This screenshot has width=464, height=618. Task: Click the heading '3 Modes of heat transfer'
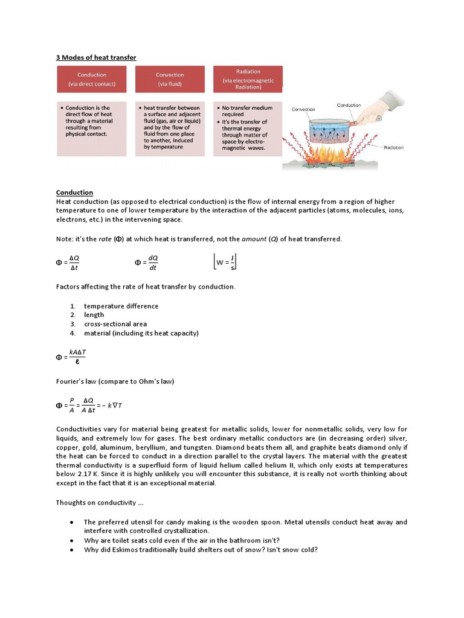96,57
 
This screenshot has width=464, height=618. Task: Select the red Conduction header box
92,80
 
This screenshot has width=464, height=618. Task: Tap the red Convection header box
170,80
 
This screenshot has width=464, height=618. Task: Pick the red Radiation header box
248,80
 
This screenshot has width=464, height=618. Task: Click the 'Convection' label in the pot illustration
303,109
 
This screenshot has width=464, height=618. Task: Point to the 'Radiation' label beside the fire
394,147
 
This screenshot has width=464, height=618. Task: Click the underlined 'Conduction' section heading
74,193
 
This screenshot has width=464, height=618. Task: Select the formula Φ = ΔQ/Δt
68,263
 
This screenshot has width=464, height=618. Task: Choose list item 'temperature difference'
121,306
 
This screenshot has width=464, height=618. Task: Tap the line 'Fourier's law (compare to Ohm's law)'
115,381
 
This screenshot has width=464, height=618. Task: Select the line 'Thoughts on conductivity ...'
99,503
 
